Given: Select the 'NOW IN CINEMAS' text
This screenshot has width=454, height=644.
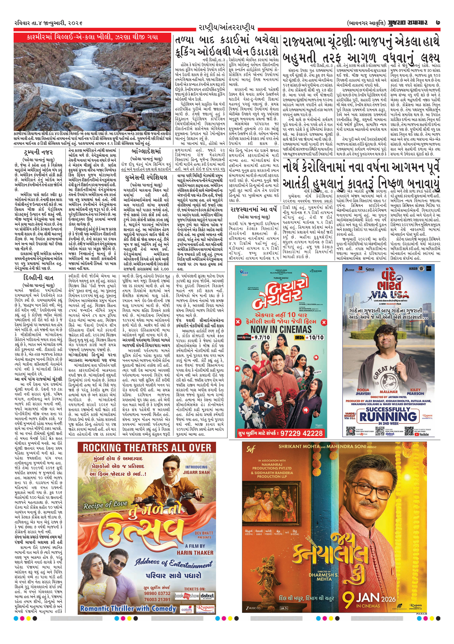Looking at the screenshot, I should pyautogui.click(x=281, y=329).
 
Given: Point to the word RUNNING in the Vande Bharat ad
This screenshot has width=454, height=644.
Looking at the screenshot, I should pyautogui.click(x=388, y=416).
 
